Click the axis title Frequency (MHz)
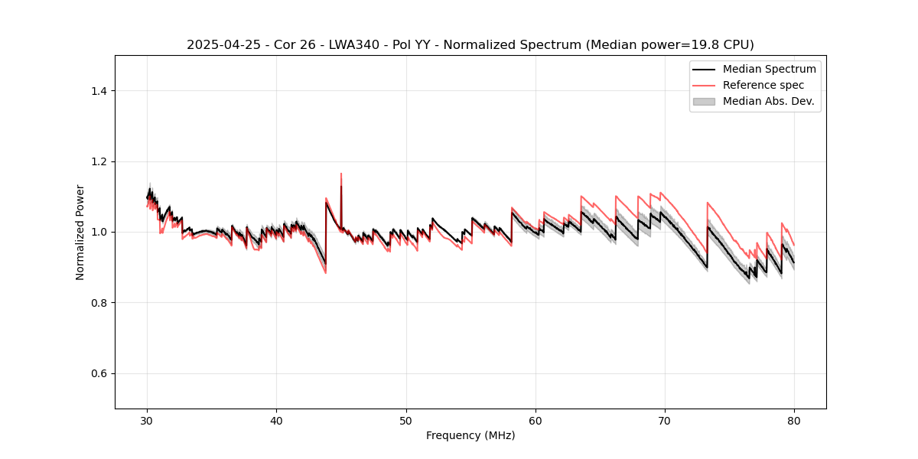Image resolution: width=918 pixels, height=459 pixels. pyautogui.click(x=470, y=435)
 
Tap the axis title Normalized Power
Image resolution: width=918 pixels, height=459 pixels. pyautogui.click(x=80, y=232)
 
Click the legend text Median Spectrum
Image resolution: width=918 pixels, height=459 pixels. pyautogui.click(x=769, y=69)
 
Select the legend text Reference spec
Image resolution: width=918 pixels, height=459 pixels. pyautogui.click(x=763, y=85)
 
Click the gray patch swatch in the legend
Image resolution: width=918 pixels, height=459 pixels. pyautogui.click(x=704, y=101)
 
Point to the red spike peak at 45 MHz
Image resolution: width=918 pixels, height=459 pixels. pyautogui.click(x=341, y=174)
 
